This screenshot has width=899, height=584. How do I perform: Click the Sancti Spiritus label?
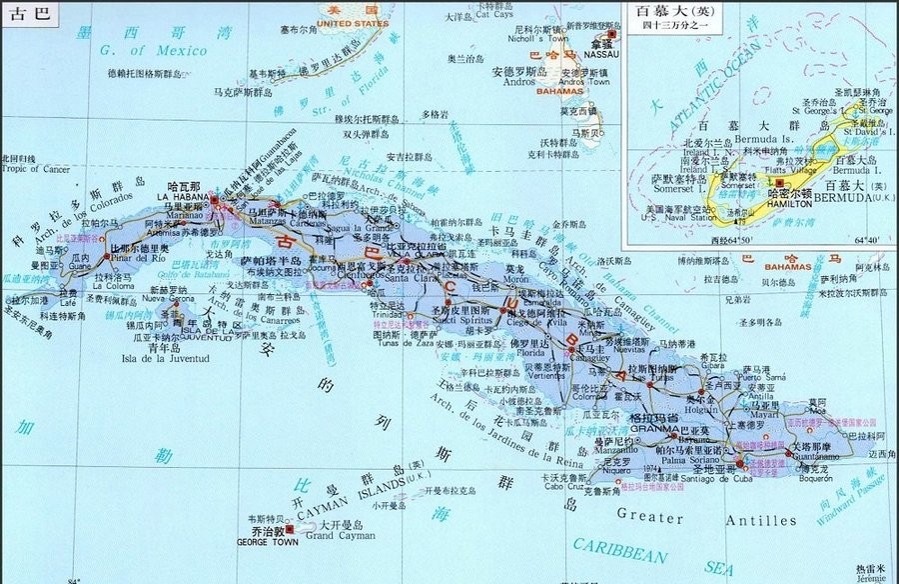coord(461,322)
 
